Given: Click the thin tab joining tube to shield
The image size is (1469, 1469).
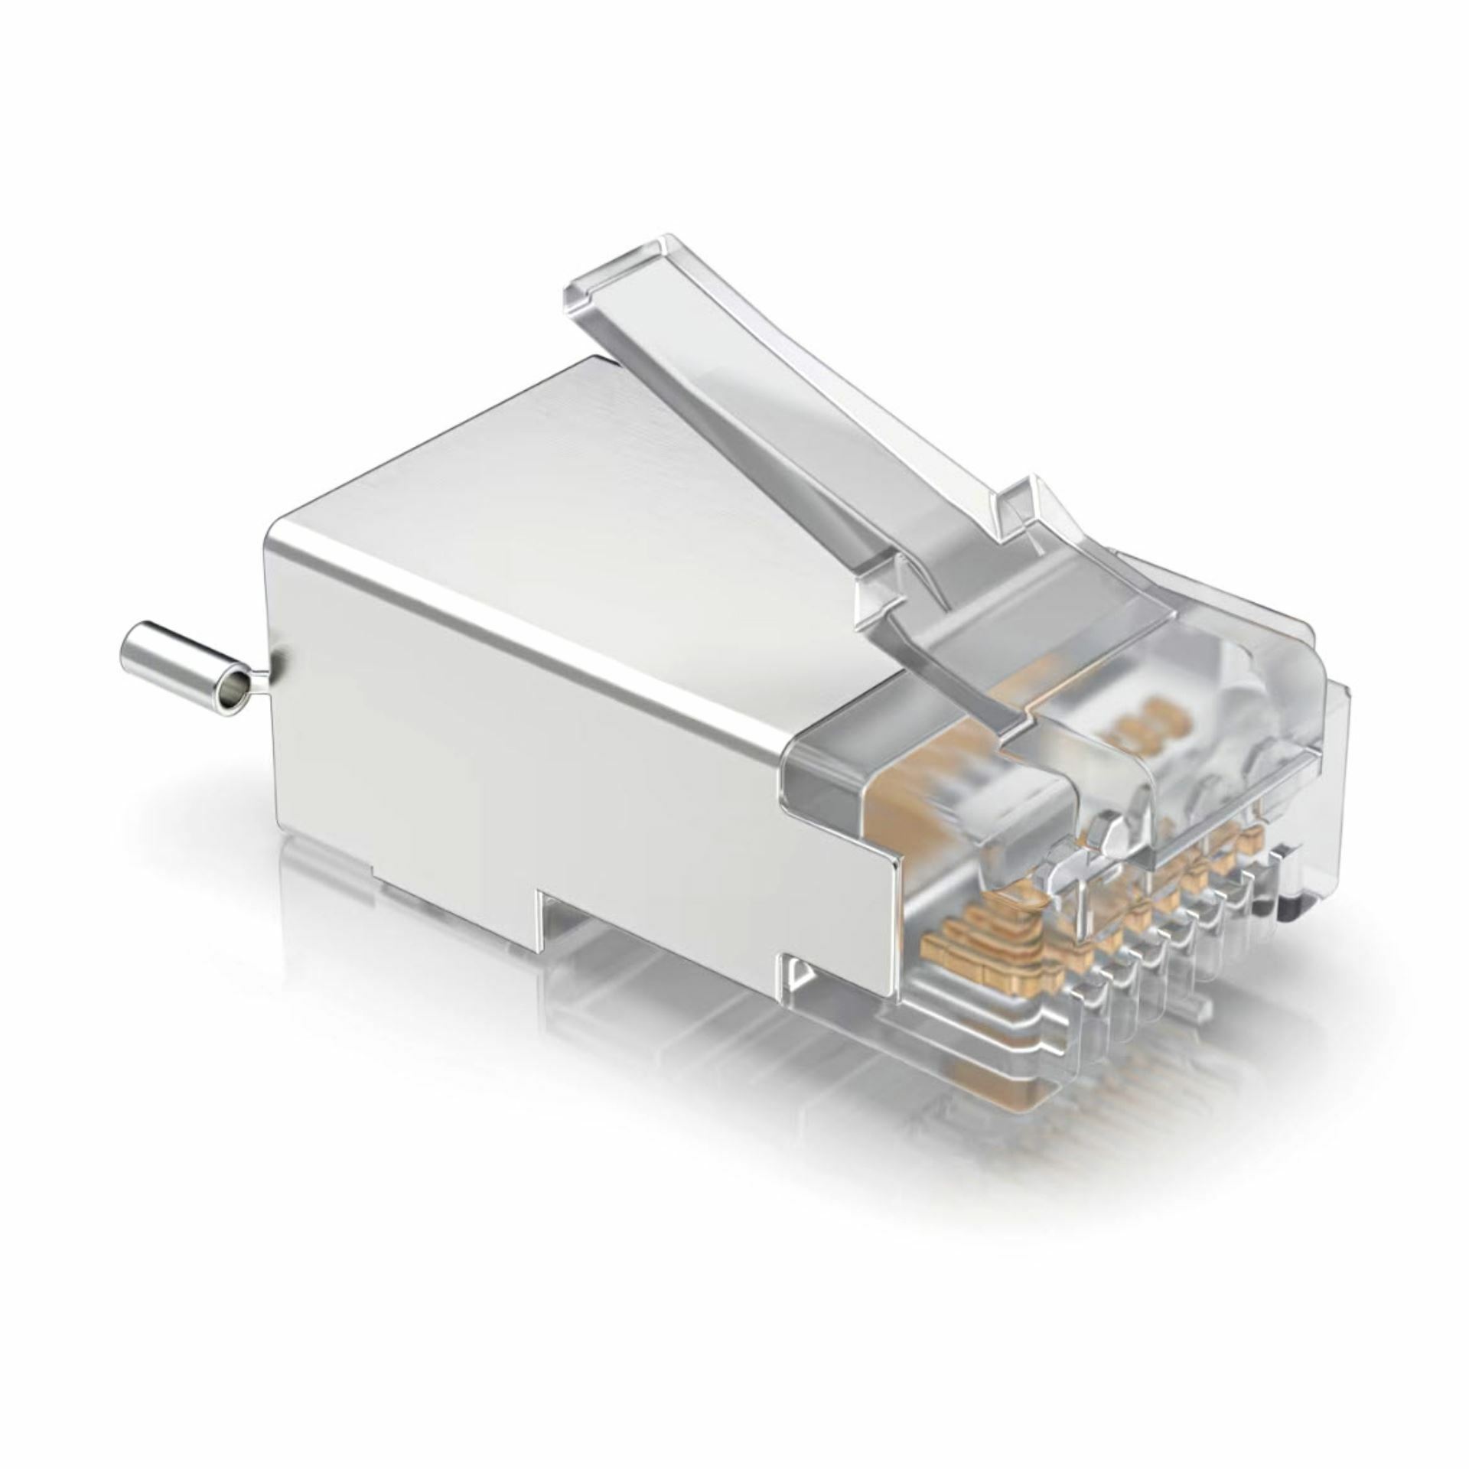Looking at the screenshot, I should pos(260,676).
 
